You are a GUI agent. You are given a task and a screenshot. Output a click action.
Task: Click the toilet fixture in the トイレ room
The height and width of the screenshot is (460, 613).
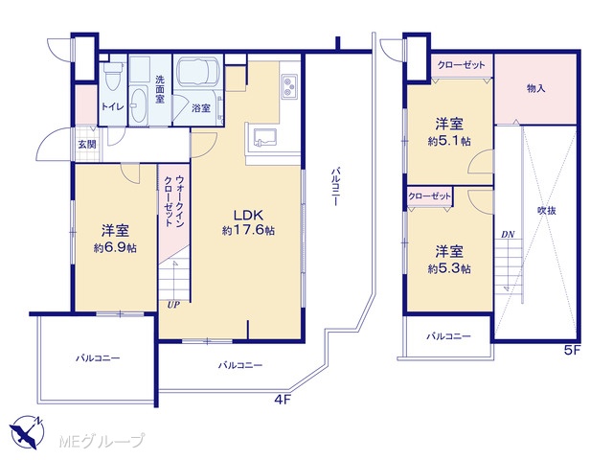point(113,75)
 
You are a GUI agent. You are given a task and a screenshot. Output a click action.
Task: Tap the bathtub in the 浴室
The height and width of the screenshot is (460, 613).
point(198,72)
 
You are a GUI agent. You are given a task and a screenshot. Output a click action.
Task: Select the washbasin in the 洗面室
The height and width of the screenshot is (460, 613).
point(138,104)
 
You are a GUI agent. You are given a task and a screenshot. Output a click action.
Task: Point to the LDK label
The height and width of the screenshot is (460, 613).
point(248,215)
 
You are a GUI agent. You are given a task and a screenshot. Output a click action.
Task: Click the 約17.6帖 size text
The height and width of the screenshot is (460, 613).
point(248,230)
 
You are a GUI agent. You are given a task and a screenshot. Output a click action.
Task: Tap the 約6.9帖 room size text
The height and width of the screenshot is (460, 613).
point(115,247)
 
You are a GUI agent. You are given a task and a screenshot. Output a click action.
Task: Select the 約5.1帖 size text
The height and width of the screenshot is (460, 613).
point(449,141)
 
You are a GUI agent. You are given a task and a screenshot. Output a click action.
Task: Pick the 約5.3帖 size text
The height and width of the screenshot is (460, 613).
point(449,268)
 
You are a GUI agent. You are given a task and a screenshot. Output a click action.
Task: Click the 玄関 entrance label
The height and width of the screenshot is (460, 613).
point(87,145)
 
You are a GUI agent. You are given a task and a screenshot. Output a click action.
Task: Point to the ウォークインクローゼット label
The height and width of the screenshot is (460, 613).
point(174,200)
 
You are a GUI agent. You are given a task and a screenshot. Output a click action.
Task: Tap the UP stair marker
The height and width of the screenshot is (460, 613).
point(173,305)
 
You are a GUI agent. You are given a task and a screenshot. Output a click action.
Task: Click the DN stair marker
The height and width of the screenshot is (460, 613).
point(508,235)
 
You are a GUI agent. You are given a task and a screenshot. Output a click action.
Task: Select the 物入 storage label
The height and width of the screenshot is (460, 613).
point(535,88)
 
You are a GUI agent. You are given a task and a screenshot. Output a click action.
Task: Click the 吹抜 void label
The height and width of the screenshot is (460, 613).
point(547,211)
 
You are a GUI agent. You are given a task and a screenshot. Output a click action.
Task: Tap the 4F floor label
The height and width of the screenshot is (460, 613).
point(283,400)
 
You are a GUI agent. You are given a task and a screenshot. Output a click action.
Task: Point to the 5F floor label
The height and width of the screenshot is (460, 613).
point(573,351)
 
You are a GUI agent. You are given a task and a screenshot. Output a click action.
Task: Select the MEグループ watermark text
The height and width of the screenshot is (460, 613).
point(102,441)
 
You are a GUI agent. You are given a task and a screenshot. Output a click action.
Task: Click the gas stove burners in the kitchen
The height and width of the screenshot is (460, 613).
point(289,86)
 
